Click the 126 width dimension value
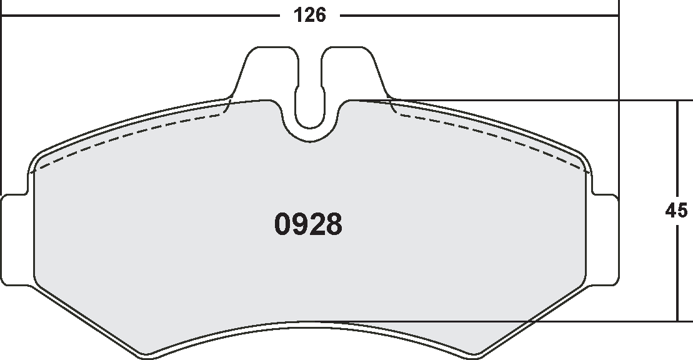[311, 16]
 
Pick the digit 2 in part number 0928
[317, 225]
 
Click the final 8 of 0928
[334, 225]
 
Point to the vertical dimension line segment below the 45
[677, 275]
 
